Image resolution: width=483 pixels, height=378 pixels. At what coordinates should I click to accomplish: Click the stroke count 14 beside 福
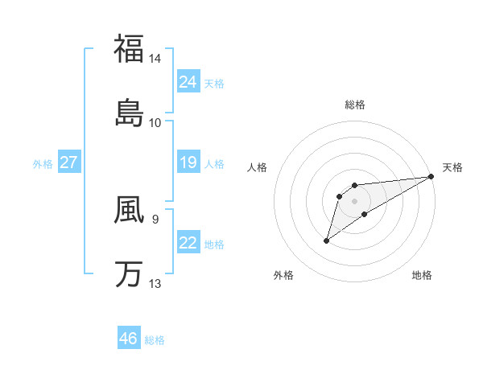click(x=155, y=59)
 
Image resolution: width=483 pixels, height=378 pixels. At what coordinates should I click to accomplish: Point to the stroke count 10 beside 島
click(x=155, y=123)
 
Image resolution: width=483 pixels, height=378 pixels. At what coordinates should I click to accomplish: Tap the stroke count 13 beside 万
click(x=155, y=283)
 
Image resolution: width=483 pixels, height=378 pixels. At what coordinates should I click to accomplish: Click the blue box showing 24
click(x=188, y=81)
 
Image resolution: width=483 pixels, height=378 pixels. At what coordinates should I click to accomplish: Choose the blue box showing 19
click(x=188, y=162)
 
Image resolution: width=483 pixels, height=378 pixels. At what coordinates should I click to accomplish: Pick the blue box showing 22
click(x=188, y=242)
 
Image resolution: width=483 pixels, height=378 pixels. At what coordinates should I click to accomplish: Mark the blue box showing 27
click(x=68, y=162)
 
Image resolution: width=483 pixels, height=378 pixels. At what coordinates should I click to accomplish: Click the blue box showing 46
click(x=128, y=338)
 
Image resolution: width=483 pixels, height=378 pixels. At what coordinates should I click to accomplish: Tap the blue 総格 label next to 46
click(x=155, y=340)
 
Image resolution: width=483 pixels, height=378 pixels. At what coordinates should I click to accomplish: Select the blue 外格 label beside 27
click(x=43, y=164)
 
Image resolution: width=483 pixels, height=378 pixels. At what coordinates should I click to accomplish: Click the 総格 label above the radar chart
click(x=355, y=105)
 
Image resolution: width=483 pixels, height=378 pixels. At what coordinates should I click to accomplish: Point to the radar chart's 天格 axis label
click(x=452, y=167)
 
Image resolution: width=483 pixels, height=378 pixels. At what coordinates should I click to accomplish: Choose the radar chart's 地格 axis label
click(x=422, y=275)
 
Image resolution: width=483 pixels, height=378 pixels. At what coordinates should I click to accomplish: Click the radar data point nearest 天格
click(x=431, y=176)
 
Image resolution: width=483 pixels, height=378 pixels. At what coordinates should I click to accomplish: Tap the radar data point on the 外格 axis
click(x=327, y=240)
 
